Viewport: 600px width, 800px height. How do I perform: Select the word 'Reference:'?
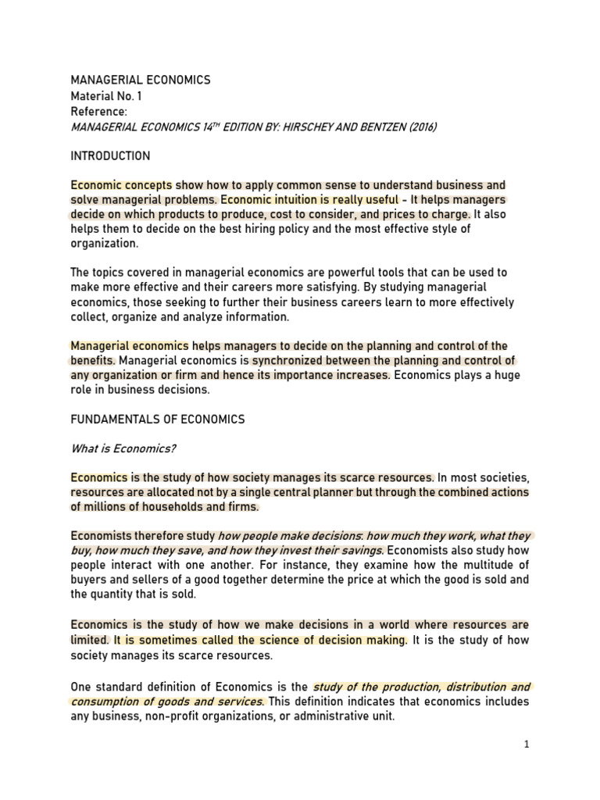[x=98, y=112]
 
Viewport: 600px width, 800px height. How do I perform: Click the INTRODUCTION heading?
[x=110, y=156]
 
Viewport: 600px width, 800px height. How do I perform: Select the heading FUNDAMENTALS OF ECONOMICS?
[x=157, y=420]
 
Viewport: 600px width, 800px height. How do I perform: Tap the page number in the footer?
[x=527, y=745]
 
